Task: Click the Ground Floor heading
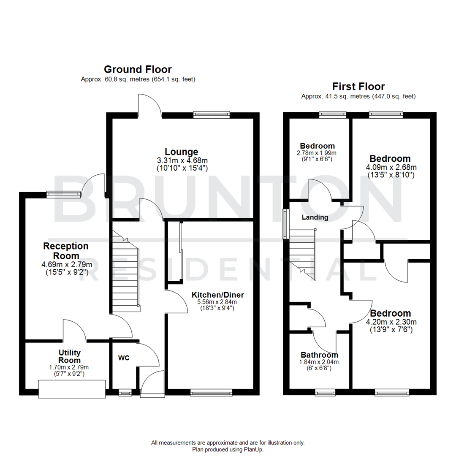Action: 138,69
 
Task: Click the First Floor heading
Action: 358,87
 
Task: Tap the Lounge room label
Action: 182,152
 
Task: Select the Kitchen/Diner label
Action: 217,295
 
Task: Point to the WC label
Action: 124,358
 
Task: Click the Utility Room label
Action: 69,356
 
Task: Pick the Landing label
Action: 315,217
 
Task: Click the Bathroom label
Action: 319,355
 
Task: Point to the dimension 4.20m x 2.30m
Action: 390,322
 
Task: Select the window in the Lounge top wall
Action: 212,114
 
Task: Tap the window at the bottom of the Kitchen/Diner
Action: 211,393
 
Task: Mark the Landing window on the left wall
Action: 285,223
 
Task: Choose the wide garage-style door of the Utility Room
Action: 71,389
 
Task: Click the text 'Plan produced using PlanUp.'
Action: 228,450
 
